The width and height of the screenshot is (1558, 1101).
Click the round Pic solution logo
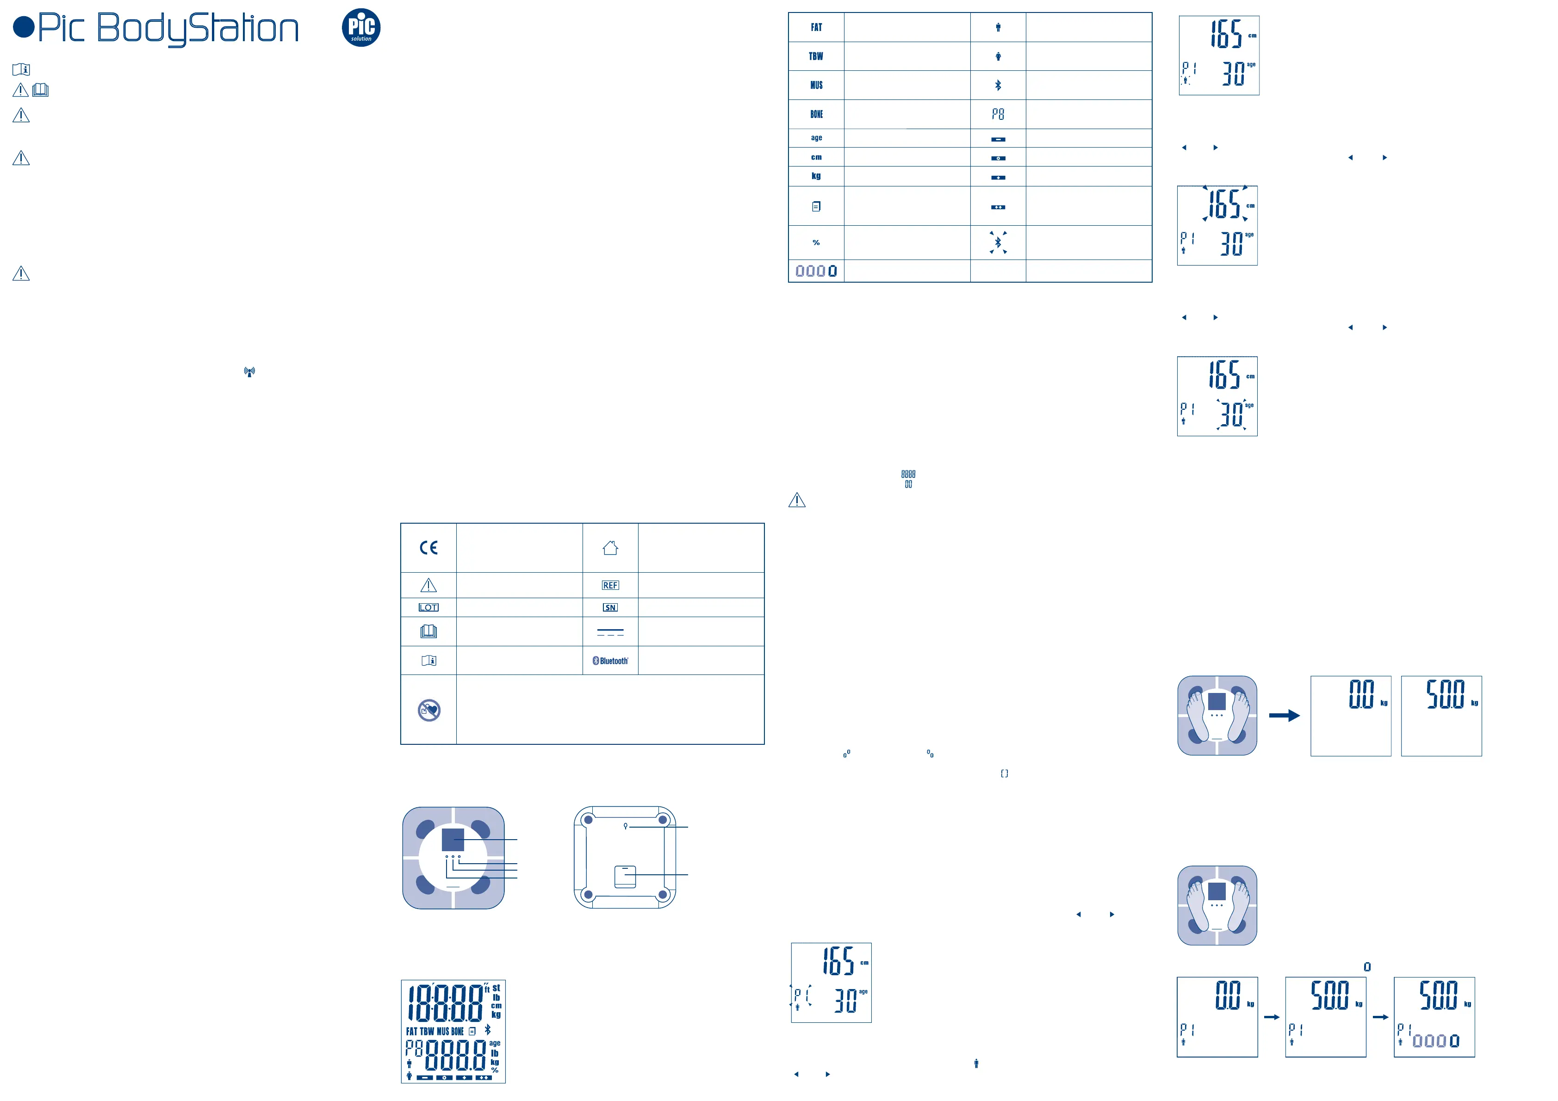click(361, 28)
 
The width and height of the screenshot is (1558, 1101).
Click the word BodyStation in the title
click(198, 29)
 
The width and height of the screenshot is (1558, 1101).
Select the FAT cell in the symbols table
click(816, 28)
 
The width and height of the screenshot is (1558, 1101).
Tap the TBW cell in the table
click(816, 56)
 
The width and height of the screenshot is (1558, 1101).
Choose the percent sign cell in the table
click(816, 243)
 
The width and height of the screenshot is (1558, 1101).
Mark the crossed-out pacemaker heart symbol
click(429, 710)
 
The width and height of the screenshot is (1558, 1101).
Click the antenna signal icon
click(250, 372)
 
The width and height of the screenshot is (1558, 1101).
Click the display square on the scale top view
click(453, 840)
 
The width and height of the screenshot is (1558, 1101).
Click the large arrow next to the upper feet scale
click(1284, 715)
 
